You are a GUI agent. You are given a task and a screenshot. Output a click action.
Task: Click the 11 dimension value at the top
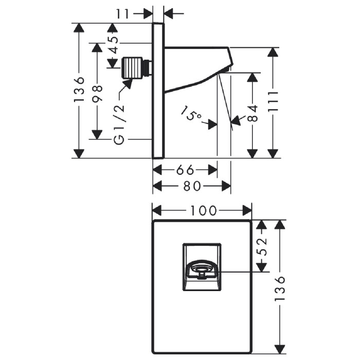click(x=123, y=14)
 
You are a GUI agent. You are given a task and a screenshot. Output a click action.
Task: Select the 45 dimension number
click(x=114, y=45)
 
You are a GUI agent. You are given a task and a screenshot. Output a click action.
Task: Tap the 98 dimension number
click(x=97, y=93)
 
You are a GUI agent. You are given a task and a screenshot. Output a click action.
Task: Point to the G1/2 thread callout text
click(x=119, y=124)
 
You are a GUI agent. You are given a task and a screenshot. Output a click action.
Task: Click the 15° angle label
click(x=191, y=113)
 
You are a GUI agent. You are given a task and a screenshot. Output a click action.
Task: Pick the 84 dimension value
click(x=253, y=113)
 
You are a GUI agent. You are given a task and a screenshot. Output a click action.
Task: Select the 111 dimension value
click(x=273, y=101)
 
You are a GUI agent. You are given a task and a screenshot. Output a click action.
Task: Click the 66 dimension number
click(x=185, y=170)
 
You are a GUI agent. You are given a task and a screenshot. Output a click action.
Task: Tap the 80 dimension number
click(x=192, y=186)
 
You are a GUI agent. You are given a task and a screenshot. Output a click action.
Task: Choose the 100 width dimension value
click(x=204, y=211)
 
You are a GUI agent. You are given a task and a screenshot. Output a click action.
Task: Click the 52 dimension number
click(x=261, y=247)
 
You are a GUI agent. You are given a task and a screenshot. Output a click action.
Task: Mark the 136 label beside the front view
click(x=280, y=288)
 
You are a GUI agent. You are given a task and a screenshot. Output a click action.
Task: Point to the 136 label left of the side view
click(x=79, y=89)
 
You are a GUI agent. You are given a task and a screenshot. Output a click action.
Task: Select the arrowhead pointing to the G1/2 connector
click(x=128, y=83)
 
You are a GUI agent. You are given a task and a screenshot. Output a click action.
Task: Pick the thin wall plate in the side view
click(x=158, y=91)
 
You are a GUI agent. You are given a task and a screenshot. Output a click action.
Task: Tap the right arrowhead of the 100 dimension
click(x=247, y=211)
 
